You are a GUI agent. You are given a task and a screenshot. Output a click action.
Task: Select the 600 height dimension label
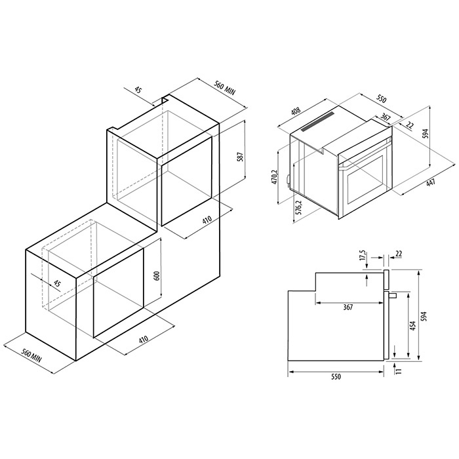pyautogui.click(x=157, y=276)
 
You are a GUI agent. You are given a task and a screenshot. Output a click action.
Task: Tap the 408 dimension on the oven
pyautogui.click(x=296, y=111)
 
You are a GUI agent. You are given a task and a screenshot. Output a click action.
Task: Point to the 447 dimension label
pyautogui.click(x=431, y=183)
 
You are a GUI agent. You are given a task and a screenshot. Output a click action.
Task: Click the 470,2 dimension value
pyautogui.click(x=275, y=177)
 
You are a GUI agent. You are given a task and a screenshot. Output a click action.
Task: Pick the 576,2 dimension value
pyautogui.click(x=298, y=208)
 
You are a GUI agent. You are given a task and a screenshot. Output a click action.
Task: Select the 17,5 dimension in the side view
pyautogui.click(x=363, y=255)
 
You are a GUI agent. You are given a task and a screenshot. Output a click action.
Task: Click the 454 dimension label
pyautogui.click(x=413, y=326)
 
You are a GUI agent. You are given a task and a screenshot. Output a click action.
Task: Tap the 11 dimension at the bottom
pyautogui.click(x=399, y=370)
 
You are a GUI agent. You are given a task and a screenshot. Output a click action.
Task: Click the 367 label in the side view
pyautogui.click(x=348, y=307)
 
